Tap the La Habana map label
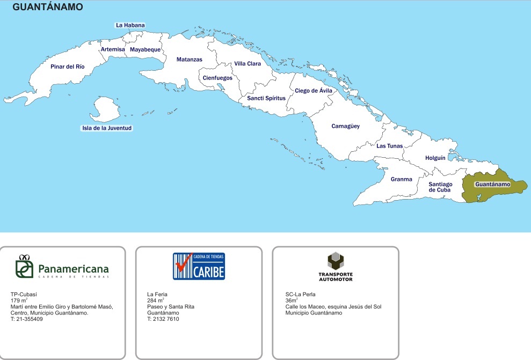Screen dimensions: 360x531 [130, 25]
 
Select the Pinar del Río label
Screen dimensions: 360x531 [67, 67]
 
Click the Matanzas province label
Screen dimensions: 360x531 [190, 60]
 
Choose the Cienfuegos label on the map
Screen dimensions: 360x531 [217, 78]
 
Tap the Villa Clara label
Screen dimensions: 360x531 [248, 64]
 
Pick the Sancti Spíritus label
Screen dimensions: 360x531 [266, 98]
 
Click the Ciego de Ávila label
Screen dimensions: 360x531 [314, 91]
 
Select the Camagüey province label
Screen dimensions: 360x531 [345, 126]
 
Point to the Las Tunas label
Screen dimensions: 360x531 [389, 146]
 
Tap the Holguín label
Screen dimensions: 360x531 [435, 158]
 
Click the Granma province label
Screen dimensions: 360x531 [402, 179]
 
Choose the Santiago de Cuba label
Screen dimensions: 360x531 [440, 187]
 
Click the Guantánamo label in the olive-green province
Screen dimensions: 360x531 [492, 184]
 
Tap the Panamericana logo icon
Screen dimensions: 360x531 [24, 266]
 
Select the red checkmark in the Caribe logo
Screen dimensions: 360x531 [184, 264]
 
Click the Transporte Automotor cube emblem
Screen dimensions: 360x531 [336, 261]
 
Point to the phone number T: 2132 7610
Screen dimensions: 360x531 [163, 319]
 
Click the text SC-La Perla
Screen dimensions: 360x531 [301, 295]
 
